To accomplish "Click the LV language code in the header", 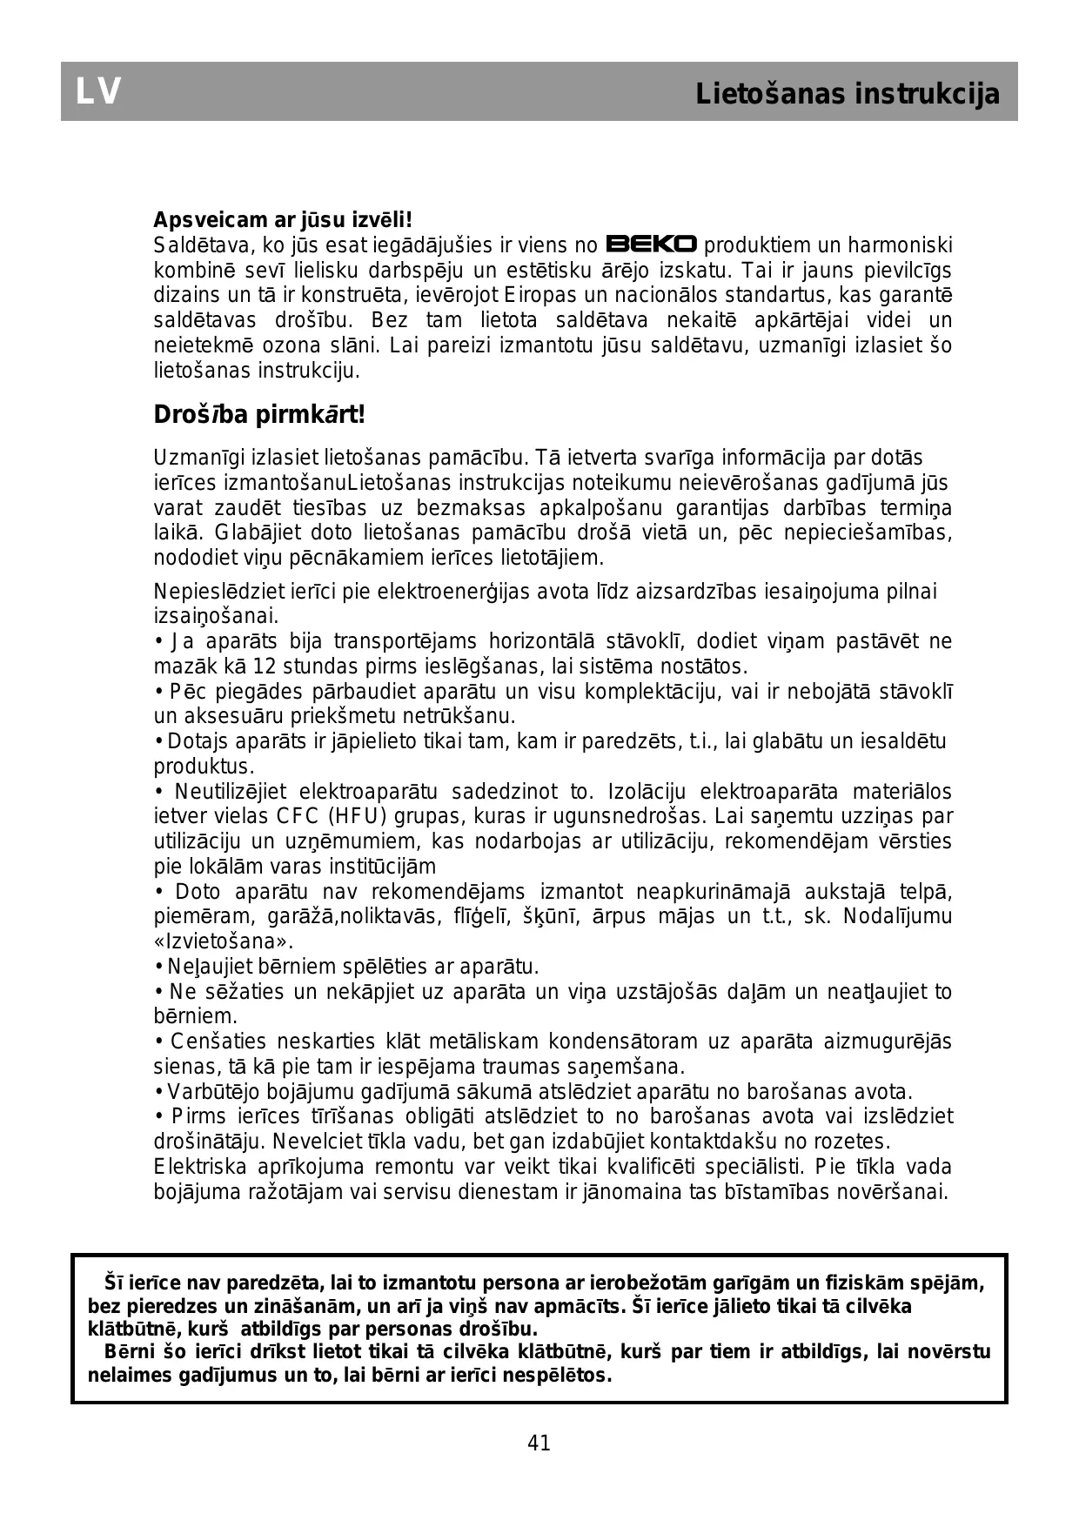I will click(98, 92).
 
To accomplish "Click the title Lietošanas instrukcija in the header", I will click(848, 94).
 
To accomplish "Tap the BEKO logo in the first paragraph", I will click(652, 244).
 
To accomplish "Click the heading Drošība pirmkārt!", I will click(259, 415).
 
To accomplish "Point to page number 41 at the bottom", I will click(539, 1443).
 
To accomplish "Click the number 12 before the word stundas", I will click(264, 667).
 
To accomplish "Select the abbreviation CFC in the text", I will click(298, 816).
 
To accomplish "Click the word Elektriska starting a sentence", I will click(200, 1167).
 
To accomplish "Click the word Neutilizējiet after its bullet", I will click(230, 792).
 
